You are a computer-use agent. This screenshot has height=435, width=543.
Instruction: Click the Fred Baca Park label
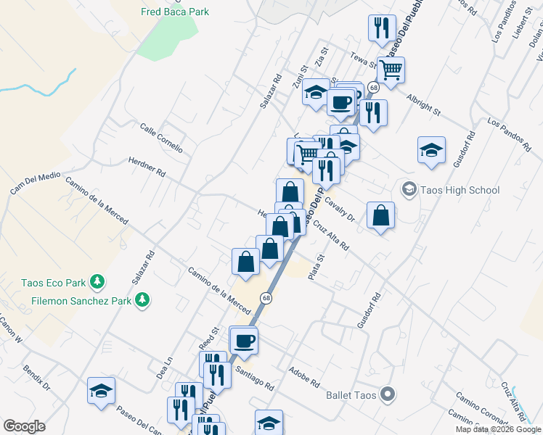pyautogui.click(x=175, y=12)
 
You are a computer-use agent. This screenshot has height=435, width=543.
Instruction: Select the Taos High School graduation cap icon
pyautogui.click(x=409, y=190)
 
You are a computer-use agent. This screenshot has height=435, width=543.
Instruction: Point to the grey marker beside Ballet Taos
pyautogui.click(x=388, y=394)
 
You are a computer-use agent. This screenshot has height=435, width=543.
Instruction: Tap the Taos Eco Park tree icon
pyautogui.click(x=96, y=283)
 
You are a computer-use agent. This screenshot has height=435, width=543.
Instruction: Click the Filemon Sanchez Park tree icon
pyautogui.click(x=143, y=299)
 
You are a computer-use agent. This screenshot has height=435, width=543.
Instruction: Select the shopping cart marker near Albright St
pyautogui.click(x=391, y=70)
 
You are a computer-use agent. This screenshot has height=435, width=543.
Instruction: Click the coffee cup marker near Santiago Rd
pyautogui.click(x=244, y=339)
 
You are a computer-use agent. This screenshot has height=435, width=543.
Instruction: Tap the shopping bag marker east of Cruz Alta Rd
pyautogui.click(x=381, y=215)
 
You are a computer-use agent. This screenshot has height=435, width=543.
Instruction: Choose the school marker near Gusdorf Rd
pyautogui.click(x=432, y=150)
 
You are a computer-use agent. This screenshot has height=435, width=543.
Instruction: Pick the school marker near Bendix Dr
pyautogui.click(x=101, y=391)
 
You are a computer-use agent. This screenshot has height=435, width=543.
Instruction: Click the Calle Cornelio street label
pyautogui.click(x=161, y=137)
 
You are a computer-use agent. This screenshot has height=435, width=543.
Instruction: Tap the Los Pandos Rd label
pyautogui.click(x=505, y=130)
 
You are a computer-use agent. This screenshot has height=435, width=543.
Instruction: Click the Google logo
pyautogui.click(x=24, y=426)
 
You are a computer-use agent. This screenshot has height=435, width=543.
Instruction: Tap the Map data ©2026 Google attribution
pyautogui.click(x=497, y=429)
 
